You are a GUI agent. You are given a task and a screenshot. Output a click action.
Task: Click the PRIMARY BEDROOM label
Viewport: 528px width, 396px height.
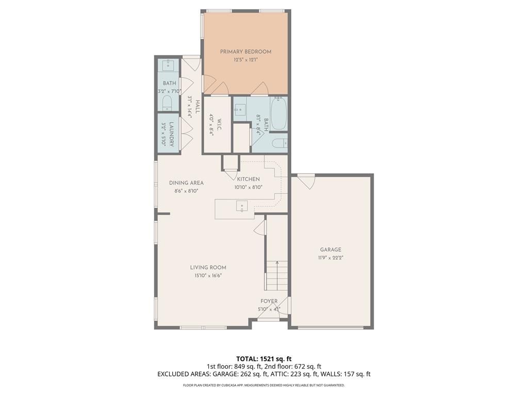(245, 52)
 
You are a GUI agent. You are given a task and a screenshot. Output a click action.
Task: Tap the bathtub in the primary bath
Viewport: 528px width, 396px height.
(278, 114)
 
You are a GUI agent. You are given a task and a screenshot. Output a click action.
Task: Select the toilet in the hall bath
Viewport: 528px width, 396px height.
(167, 105)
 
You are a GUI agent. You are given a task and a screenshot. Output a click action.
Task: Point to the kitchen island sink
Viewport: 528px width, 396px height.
(242, 206)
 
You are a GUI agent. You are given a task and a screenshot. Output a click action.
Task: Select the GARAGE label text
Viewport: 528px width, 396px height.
(330, 250)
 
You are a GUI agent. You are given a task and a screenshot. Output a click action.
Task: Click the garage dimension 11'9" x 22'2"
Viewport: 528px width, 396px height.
(330, 258)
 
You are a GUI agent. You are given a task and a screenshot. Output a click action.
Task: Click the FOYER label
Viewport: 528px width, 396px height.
(269, 301)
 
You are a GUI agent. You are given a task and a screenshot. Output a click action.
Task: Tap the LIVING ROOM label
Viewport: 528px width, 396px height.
(208, 267)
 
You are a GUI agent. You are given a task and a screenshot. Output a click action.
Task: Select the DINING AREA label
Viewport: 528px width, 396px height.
(186, 183)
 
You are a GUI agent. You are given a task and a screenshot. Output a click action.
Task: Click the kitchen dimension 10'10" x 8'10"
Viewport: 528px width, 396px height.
(249, 187)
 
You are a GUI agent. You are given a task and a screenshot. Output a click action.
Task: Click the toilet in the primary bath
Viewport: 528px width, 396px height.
(278, 143)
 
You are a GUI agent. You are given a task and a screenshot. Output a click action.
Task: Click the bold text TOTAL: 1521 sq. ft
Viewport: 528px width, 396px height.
(264, 358)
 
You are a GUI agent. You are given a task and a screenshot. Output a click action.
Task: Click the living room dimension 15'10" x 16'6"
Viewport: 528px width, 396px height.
(208, 275)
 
